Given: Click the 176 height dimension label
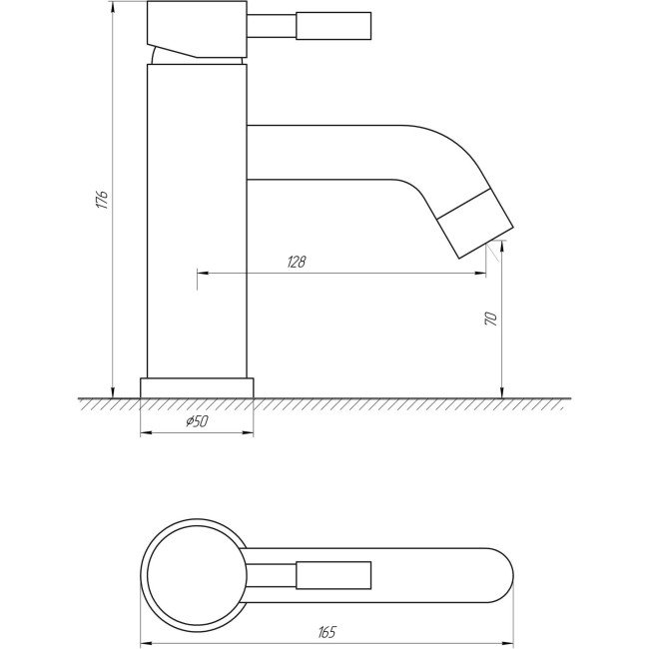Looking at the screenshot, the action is click(102, 200).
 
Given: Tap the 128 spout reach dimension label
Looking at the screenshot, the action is click(297, 262).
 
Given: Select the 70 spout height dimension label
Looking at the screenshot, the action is click(491, 319).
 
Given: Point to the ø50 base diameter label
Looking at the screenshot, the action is click(197, 421).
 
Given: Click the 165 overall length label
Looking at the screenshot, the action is click(327, 632).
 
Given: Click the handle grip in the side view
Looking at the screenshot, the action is click(333, 26).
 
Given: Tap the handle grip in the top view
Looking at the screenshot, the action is click(333, 575).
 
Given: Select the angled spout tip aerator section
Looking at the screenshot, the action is click(475, 224).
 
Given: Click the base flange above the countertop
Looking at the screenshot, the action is click(197, 387).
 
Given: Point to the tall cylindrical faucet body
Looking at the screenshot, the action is click(197, 221).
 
